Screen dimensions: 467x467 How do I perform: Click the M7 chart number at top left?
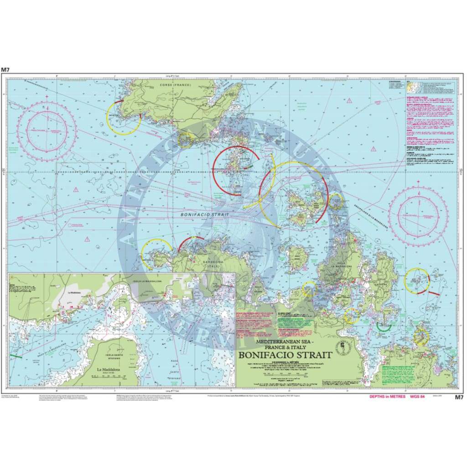tap(5, 70)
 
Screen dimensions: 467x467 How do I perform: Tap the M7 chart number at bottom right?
tap(459, 397)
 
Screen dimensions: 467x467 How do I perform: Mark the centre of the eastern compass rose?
tap(417, 215)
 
